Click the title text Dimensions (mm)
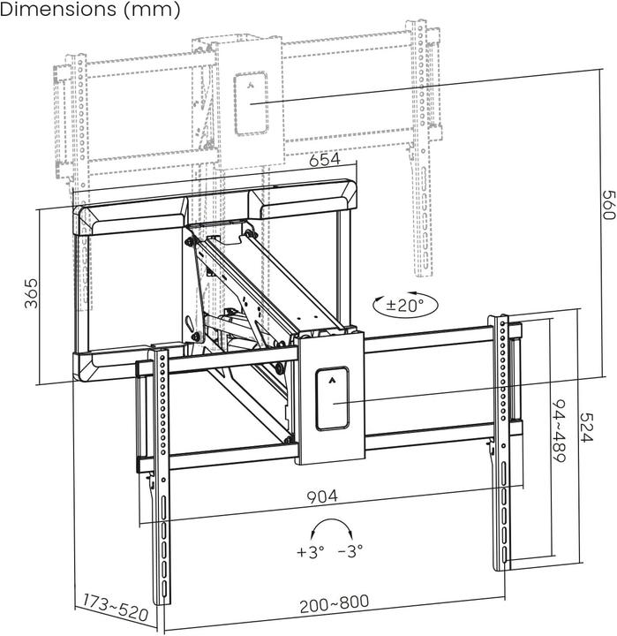point(91,11)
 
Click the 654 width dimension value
point(326,160)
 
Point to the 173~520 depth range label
point(115,609)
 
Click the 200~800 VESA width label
point(334,603)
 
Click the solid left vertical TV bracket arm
point(162,477)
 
